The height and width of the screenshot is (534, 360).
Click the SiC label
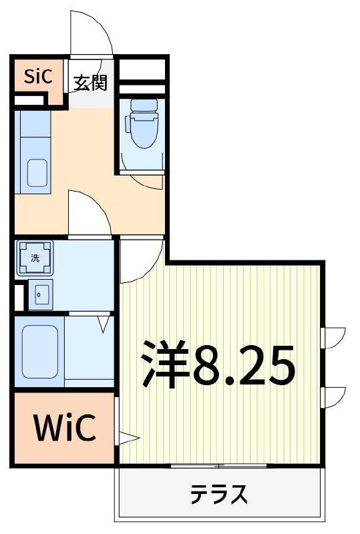39,76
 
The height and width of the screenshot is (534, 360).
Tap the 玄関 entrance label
91,82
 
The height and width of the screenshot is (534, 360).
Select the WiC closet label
64,427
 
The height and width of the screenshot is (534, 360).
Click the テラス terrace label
218,494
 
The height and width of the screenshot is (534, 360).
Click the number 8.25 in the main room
243,364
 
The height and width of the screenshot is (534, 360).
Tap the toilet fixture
142,123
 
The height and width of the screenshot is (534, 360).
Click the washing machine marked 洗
35,258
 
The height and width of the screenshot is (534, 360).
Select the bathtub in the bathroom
39,352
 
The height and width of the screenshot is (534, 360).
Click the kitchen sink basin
37,173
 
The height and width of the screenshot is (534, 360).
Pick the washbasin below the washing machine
41,295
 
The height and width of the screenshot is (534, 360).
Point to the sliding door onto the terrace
218,465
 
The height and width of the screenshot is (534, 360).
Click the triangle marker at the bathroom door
104,324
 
